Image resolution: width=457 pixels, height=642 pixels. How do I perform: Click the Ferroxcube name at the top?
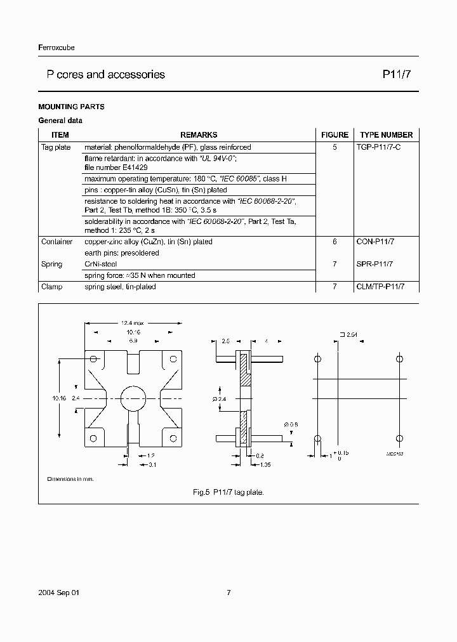tap(56, 48)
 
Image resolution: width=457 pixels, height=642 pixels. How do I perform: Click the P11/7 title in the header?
tap(395, 75)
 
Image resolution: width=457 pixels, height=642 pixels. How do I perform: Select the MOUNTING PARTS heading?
tap(71, 107)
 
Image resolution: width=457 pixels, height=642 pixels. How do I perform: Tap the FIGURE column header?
tap(334, 134)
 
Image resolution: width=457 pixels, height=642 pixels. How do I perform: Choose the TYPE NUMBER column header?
tap(386, 134)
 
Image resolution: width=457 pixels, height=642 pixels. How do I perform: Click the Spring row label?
tap(52, 264)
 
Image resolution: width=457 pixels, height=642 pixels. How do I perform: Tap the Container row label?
tap(57, 242)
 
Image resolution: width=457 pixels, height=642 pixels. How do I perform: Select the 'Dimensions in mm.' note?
tap(70, 479)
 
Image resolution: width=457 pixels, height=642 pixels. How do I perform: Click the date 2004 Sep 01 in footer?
tap(59, 593)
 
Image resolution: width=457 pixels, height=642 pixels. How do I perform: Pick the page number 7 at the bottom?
tap(228, 593)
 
